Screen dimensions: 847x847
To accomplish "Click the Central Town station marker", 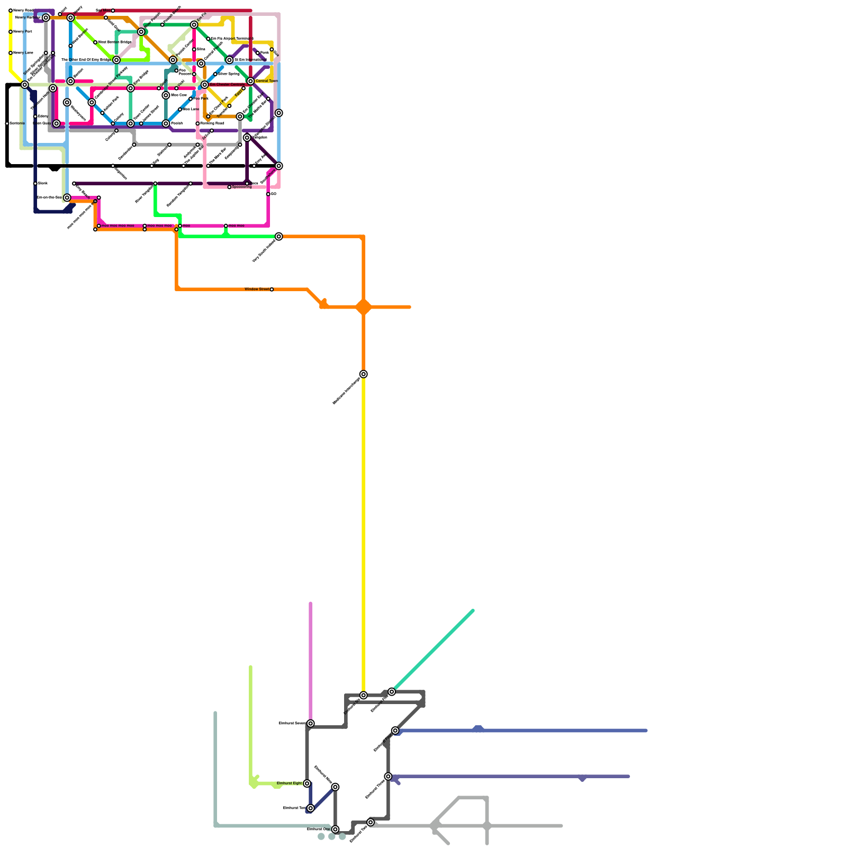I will pyautogui.click(x=250, y=81).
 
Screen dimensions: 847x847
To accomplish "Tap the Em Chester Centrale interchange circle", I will pyautogui.click(x=204, y=85).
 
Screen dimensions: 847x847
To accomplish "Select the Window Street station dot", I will pyautogui.click(x=272, y=290).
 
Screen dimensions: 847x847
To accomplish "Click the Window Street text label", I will pyautogui.click(x=257, y=289).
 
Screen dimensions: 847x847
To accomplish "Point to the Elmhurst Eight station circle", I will pyautogui.click(x=307, y=783).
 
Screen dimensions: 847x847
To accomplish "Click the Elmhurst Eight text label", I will pyautogui.click(x=289, y=783).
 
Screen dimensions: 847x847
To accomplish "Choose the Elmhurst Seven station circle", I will pyautogui.click(x=310, y=724).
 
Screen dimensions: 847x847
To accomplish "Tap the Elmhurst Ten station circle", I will pyautogui.click(x=310, y=808).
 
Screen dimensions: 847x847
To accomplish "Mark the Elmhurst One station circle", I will pyautogui.click(x=335, y=829).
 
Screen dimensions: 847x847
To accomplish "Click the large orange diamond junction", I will pyautogui.click(x=363, y=307).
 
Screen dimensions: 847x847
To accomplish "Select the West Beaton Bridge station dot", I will pyautogui.click(x=95, y=42).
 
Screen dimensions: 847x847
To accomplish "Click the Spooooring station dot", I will pyautogui.click(x=229, y=187).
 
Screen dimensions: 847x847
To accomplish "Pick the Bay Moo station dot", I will pyautogui.click(x=113, y=11).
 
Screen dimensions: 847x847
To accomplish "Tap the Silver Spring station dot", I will pyautogui.click(x=215, y=74).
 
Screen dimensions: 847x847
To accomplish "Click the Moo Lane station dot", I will pyautogui.click(x=180, y=110).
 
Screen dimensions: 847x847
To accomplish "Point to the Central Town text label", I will pyautogui.click(x=266, y=81).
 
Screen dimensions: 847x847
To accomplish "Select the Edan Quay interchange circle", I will pyautogui.click(x=56, y=123).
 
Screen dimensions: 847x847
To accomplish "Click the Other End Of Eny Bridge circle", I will pyautogui.click(x=116, y=60).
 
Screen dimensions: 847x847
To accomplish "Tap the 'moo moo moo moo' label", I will pyautogui.click(x=118, y=226).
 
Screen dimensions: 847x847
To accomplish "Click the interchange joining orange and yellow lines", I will pyautogui.click(x=363, y=374).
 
